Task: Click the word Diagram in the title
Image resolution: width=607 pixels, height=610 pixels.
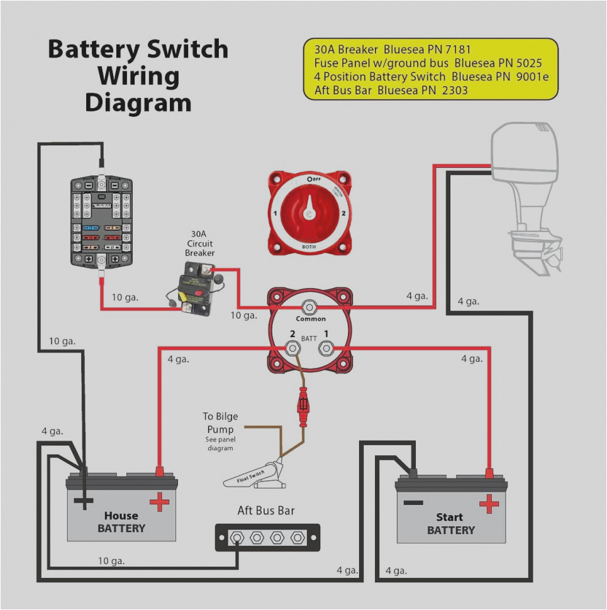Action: (x=138, y=103)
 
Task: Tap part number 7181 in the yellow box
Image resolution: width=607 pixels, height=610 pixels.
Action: (x=453, y=49)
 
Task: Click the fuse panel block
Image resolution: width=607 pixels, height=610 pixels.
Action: (x=102, y=221)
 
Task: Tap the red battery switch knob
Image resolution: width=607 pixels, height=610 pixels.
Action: (x=308, y=213)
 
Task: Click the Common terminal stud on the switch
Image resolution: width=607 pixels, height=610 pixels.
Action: (x=309, y=307)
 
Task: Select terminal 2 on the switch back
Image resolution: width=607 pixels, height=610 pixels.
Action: (x=292, y=347)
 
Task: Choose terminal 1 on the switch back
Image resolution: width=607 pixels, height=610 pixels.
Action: (x=326, y=347)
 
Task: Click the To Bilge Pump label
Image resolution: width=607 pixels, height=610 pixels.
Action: (x=220, y=423)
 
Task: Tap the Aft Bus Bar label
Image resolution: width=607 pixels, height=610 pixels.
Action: (x=265, y=511)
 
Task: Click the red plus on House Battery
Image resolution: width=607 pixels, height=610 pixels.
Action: (x=159, y=502)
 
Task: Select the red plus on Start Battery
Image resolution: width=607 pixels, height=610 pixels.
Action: (x=489, y=503)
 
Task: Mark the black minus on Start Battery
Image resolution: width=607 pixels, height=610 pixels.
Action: (x=413, y=502)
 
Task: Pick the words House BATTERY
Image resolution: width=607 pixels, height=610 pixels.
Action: (x=121, y=522)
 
